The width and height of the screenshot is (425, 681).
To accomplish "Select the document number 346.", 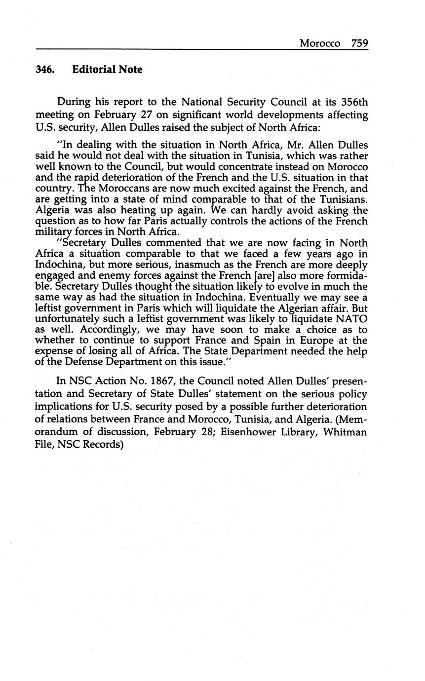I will click(x=45, y=70).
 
